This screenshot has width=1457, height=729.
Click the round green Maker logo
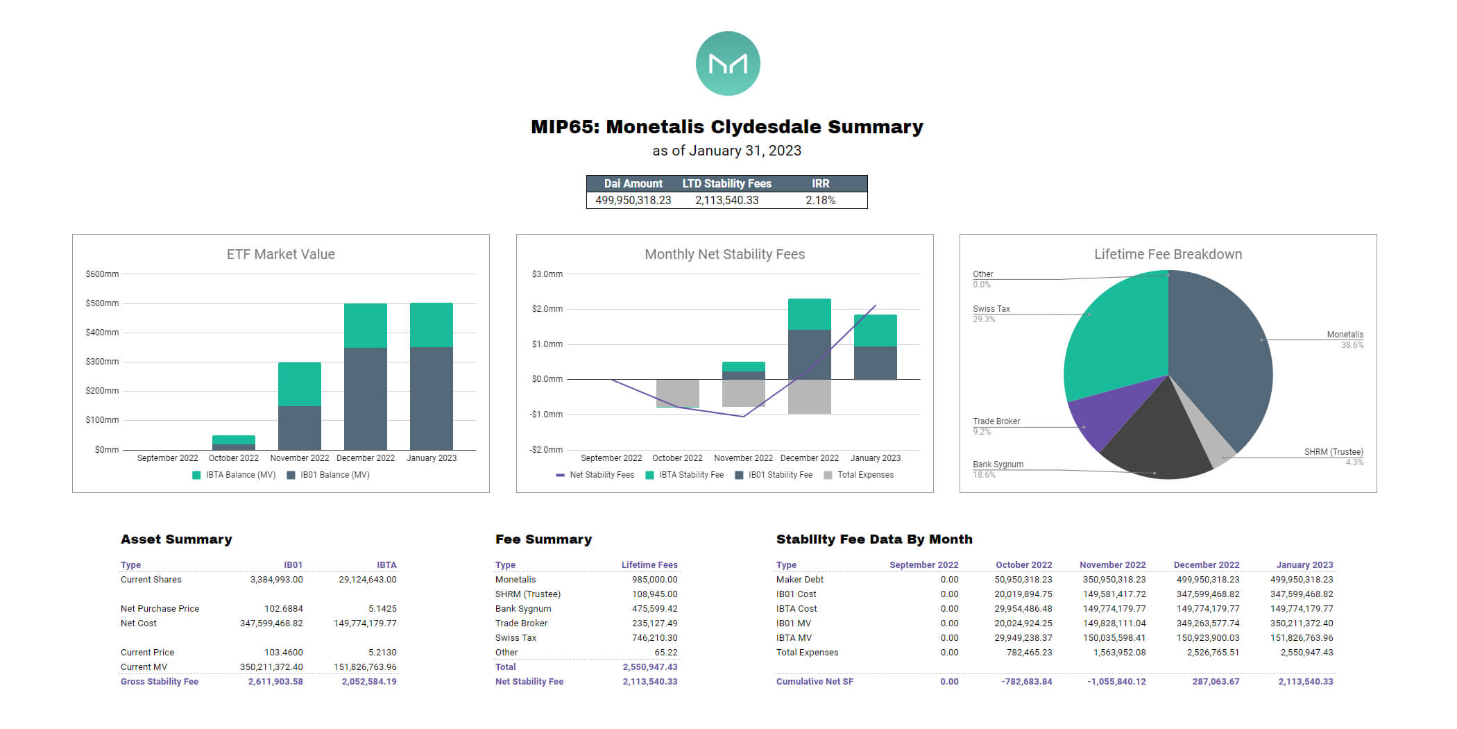click(728, 63)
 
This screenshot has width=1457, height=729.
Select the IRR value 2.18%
click(820, 200)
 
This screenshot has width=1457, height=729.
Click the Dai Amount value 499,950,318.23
click(633, 200)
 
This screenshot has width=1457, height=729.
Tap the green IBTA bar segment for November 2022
click(299, 383)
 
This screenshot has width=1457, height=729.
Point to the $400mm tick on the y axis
click(102, 333)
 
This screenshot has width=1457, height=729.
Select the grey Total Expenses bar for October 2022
click(677, 393)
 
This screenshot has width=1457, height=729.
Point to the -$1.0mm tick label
click(547, 414)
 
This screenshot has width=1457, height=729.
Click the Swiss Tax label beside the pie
click(991, 309)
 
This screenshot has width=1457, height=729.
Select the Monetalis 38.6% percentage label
click(1352, 345)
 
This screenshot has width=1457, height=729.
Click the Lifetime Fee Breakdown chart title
click(1168, 254)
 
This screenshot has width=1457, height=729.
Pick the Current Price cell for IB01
click(283, 652)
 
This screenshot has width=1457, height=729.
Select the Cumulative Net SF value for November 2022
click(1116, 681)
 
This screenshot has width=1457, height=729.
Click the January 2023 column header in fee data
click(1304, 564)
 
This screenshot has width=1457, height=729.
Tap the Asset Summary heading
click(176, 539)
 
